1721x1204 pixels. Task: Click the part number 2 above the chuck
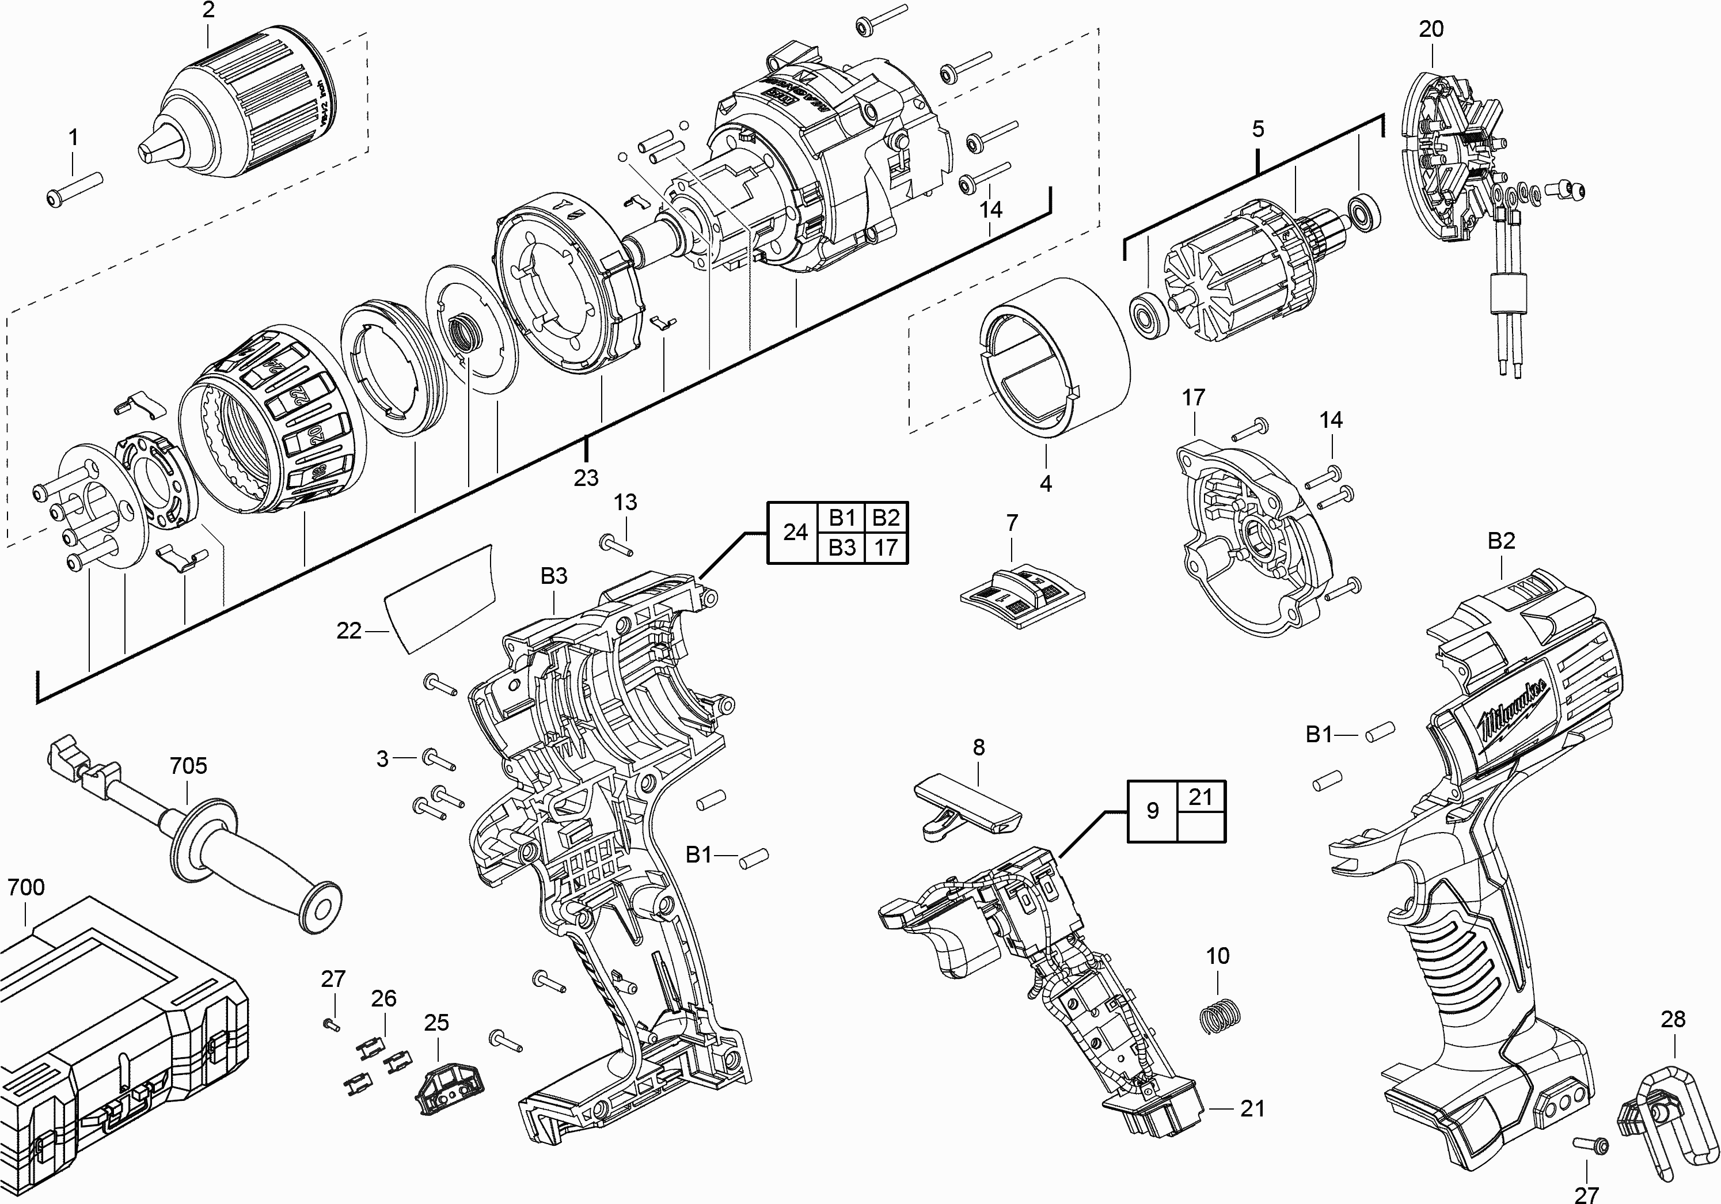[208, 10]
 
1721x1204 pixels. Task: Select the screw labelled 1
[75, 187]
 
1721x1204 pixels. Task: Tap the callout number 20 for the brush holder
[1431, 29]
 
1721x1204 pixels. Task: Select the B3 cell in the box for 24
[842, 548]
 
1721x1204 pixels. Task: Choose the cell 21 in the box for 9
[1201, 796]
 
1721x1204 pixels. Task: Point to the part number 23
[586, 477]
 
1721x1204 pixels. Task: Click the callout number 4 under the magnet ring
[1046, 484]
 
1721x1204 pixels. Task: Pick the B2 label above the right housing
[1502, 541]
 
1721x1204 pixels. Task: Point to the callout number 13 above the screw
[626, 502]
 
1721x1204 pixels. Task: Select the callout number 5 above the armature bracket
[1257, 129]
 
